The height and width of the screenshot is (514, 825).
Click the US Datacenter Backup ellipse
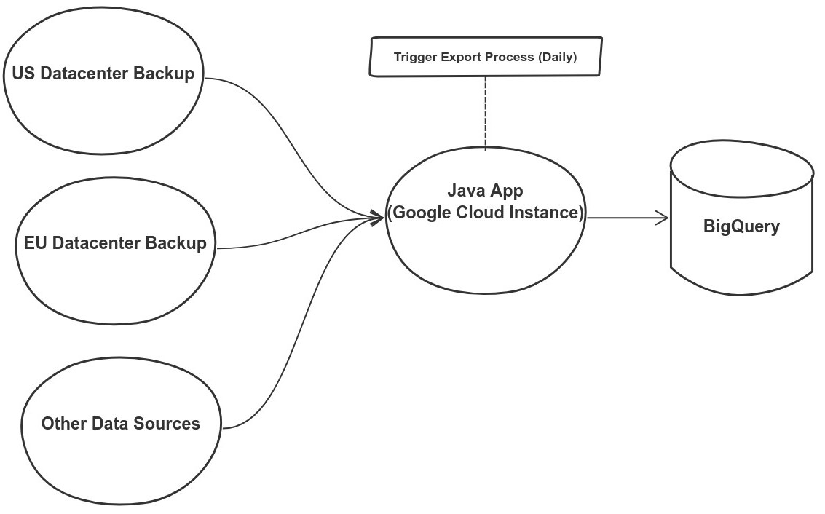point(103,109)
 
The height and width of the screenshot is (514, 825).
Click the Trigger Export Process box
point(486,57)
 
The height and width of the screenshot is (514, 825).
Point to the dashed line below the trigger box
point(486,113)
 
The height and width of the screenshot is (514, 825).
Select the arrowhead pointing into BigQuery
point(663,217)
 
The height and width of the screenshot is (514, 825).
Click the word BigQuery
point(741,226)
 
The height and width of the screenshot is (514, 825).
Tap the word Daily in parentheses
point(557,57)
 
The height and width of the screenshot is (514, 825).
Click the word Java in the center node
point(464,191)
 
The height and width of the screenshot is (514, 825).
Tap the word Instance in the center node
point(550,213)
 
